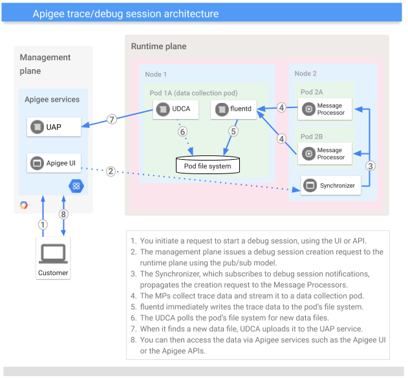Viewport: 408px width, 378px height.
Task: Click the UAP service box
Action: pyautogui.click(x=54, y=127)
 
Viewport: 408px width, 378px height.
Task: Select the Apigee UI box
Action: pyautogui.click(x=54, y=163)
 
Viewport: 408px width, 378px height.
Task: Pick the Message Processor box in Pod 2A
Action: pyautogui.click(x=325, y=109)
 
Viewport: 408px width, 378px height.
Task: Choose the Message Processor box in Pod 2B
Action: pyautogui.click(x=325, y=153)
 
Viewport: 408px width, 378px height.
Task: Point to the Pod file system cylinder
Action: pyautogui.click(x=208, y=166)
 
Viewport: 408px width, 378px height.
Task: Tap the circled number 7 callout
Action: pyautogui.click(x=112, y=119)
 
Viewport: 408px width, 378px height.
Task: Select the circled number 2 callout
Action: pyautogui.click(x=111, y=172)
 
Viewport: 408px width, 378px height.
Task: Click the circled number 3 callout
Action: pyautogui.click(x=370, y=165)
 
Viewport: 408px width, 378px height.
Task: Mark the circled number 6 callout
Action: pyautogui.click(x=182, y=131)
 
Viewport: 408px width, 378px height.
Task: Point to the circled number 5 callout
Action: pyautogui.click(x=233, y=131)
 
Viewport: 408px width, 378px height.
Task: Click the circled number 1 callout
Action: pyautogui.click(x=43, y=225)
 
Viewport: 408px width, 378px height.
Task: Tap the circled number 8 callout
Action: pyautogui.click(x=63, y=214)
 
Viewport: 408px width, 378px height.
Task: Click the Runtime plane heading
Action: pyautogui.click(x=158, y=47)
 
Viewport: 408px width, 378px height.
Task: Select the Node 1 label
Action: pyautogui.click(x=156, y=74)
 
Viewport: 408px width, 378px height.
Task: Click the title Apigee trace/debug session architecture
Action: pyautogui.click(x=125, y=14)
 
